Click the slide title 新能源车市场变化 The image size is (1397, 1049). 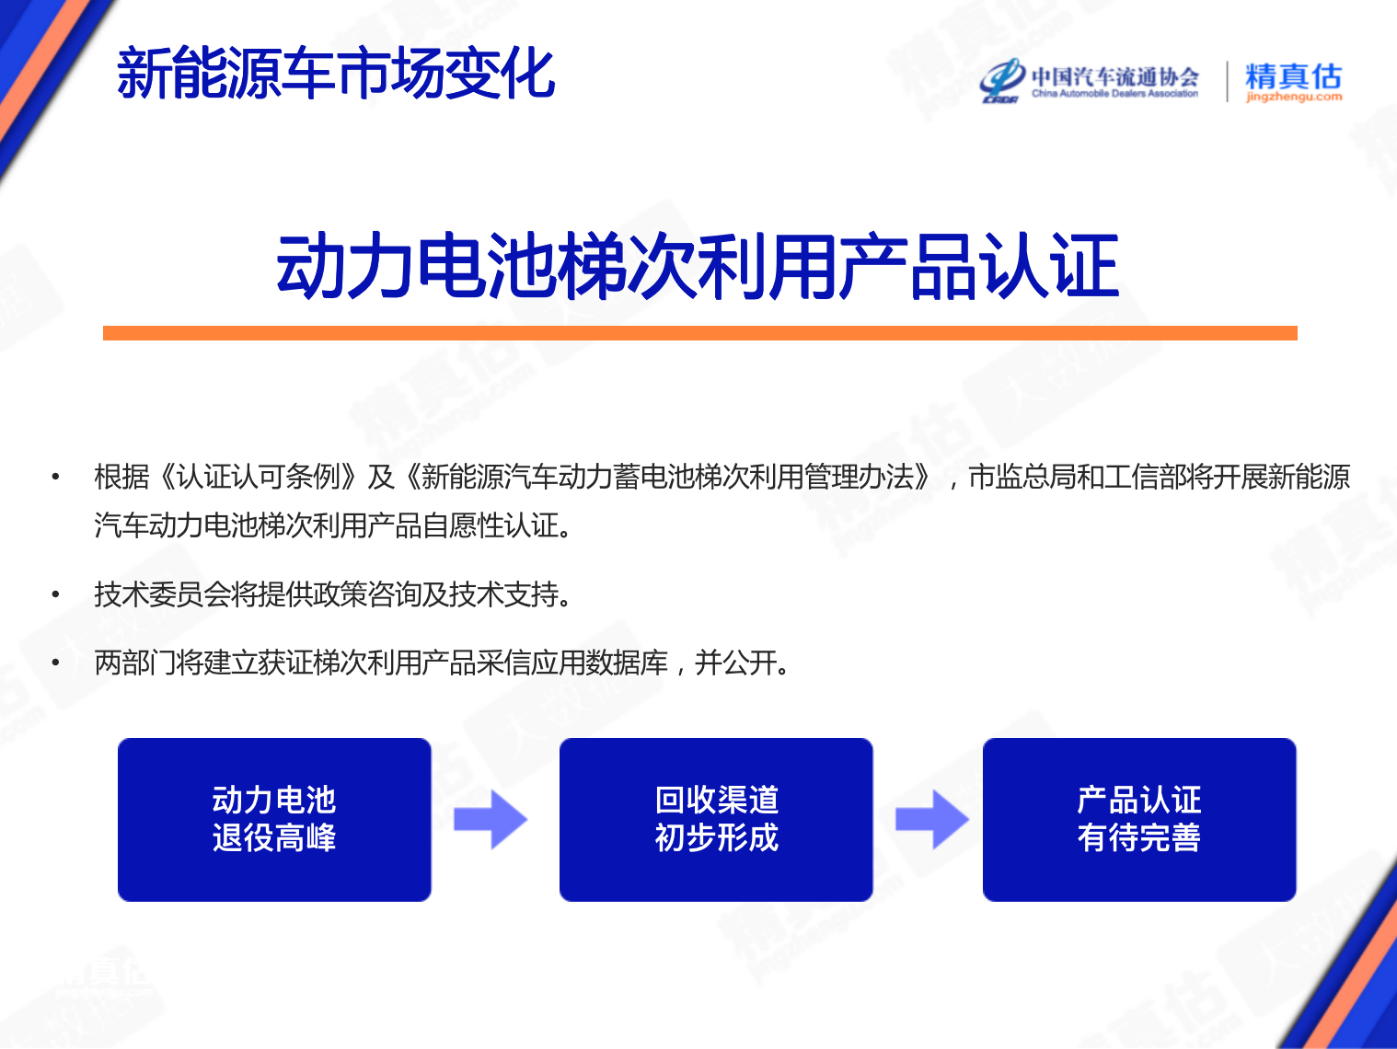(x=336, y=74)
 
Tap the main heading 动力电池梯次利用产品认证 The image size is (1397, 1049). (x=698, y=266)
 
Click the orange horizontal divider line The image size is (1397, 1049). (x=700, y=333)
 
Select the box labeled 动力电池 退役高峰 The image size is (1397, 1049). (x=274, y=819)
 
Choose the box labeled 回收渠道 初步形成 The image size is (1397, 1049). (x=716, y=819)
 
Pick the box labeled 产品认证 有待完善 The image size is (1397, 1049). (x=1139, y=819)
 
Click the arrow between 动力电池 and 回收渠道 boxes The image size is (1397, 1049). (x=491, y=819)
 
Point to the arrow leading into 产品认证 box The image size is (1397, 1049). (x=932, y=819)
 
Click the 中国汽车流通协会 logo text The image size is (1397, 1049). (x=1115, y=76)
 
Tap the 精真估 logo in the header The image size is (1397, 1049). (x=1293, y=76)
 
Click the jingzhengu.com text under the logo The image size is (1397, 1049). (x=1294, y=97)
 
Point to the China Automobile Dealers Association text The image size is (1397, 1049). (x=1115, y=94)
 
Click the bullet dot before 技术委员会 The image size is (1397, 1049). (x=56, y=594)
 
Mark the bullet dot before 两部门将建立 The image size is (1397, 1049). (x=56, y=663)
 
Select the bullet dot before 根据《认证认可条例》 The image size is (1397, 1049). (x=56, y=477)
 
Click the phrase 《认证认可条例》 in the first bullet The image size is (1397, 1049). (x=259, y=477)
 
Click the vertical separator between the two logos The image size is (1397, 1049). (x=1228, y=81)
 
